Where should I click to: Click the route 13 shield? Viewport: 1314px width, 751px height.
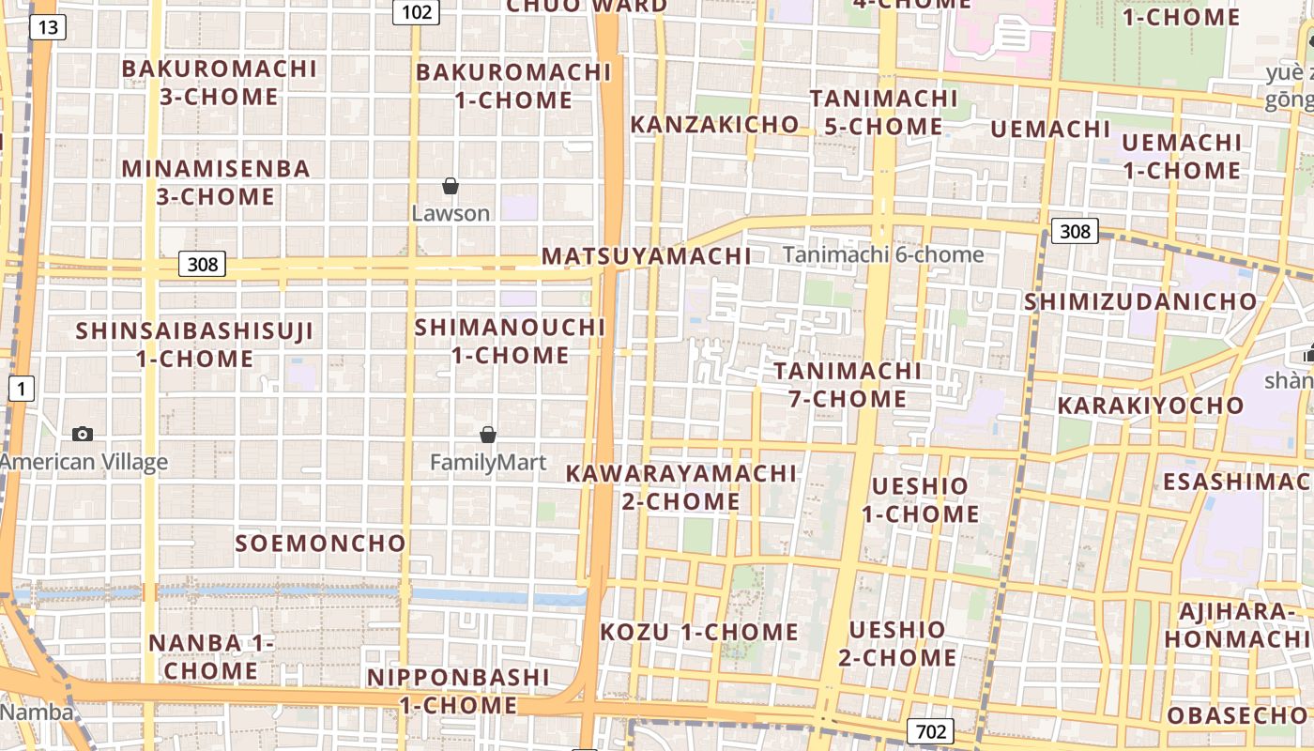coord(47,27)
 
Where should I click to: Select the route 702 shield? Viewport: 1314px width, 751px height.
coord(930,731)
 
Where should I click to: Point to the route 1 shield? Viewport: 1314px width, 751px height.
coord(22,388)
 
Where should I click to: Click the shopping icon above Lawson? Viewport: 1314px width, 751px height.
coord(451,186)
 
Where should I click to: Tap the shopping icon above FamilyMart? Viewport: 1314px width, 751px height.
coord(488,435)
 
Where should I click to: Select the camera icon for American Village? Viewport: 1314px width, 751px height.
coord(83,434)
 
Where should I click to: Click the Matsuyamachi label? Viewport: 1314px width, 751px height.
coord(647,256)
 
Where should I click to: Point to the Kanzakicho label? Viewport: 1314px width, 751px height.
coord(715,125)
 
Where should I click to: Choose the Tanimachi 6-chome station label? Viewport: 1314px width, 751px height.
coord(883,254)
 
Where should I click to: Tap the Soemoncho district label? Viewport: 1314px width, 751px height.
coord(320,544)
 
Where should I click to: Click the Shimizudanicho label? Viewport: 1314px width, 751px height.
coord(1140,301)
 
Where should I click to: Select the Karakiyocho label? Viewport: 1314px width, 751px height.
coord(1151,406)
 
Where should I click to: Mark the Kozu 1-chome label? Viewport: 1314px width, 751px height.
coord(699,632)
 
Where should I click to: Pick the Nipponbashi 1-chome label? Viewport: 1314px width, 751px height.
coord(458,691)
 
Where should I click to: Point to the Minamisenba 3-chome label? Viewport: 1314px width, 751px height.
coord(216,182)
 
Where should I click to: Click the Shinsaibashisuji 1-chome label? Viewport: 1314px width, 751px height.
coord(194,345)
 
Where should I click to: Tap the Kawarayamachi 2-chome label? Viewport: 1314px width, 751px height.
coord(680,486)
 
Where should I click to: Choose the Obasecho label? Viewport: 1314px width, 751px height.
coord(1236,715)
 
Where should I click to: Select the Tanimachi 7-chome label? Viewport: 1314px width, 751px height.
coord(847,385)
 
